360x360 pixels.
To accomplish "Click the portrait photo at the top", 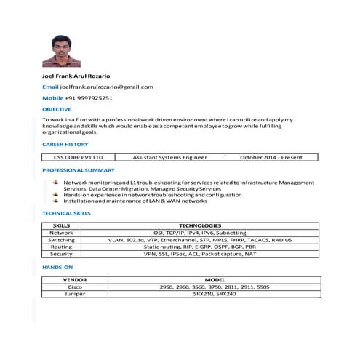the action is (62, 50).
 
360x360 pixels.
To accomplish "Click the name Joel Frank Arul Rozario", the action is (76, 76).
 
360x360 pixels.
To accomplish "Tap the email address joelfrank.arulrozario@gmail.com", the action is (106, 87).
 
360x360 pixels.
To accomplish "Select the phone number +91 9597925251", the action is (89, 97).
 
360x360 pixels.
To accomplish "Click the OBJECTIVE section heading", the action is (57, 108).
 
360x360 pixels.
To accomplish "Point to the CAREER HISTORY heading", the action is (65, 144).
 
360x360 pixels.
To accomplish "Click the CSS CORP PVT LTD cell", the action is (73, 156).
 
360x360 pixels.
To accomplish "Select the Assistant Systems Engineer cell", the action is (169, 156).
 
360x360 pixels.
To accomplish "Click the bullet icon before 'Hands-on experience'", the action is (57, 195).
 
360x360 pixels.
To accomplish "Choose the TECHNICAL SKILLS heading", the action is (66, 213).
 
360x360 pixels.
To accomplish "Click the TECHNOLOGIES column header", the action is (200, 225).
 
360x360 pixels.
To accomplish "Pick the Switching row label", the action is (61, 239).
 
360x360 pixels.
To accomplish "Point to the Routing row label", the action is (61, 247).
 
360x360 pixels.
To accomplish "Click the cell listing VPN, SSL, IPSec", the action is (200, 254).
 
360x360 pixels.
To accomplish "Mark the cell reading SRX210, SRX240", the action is (215, 294).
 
